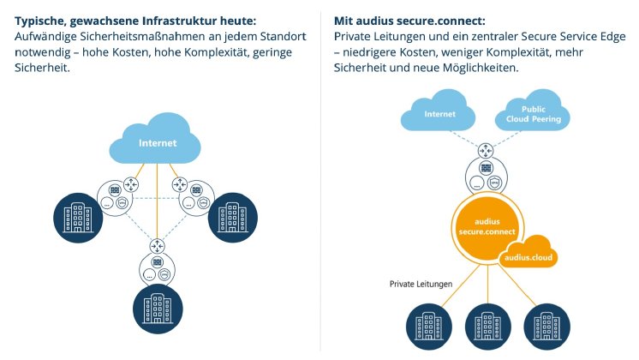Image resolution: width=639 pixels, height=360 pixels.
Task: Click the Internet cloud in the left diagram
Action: pyautogui.click(x=158, y=141)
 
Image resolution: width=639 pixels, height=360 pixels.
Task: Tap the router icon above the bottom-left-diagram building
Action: pyautogui.click(x=158, y=246)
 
